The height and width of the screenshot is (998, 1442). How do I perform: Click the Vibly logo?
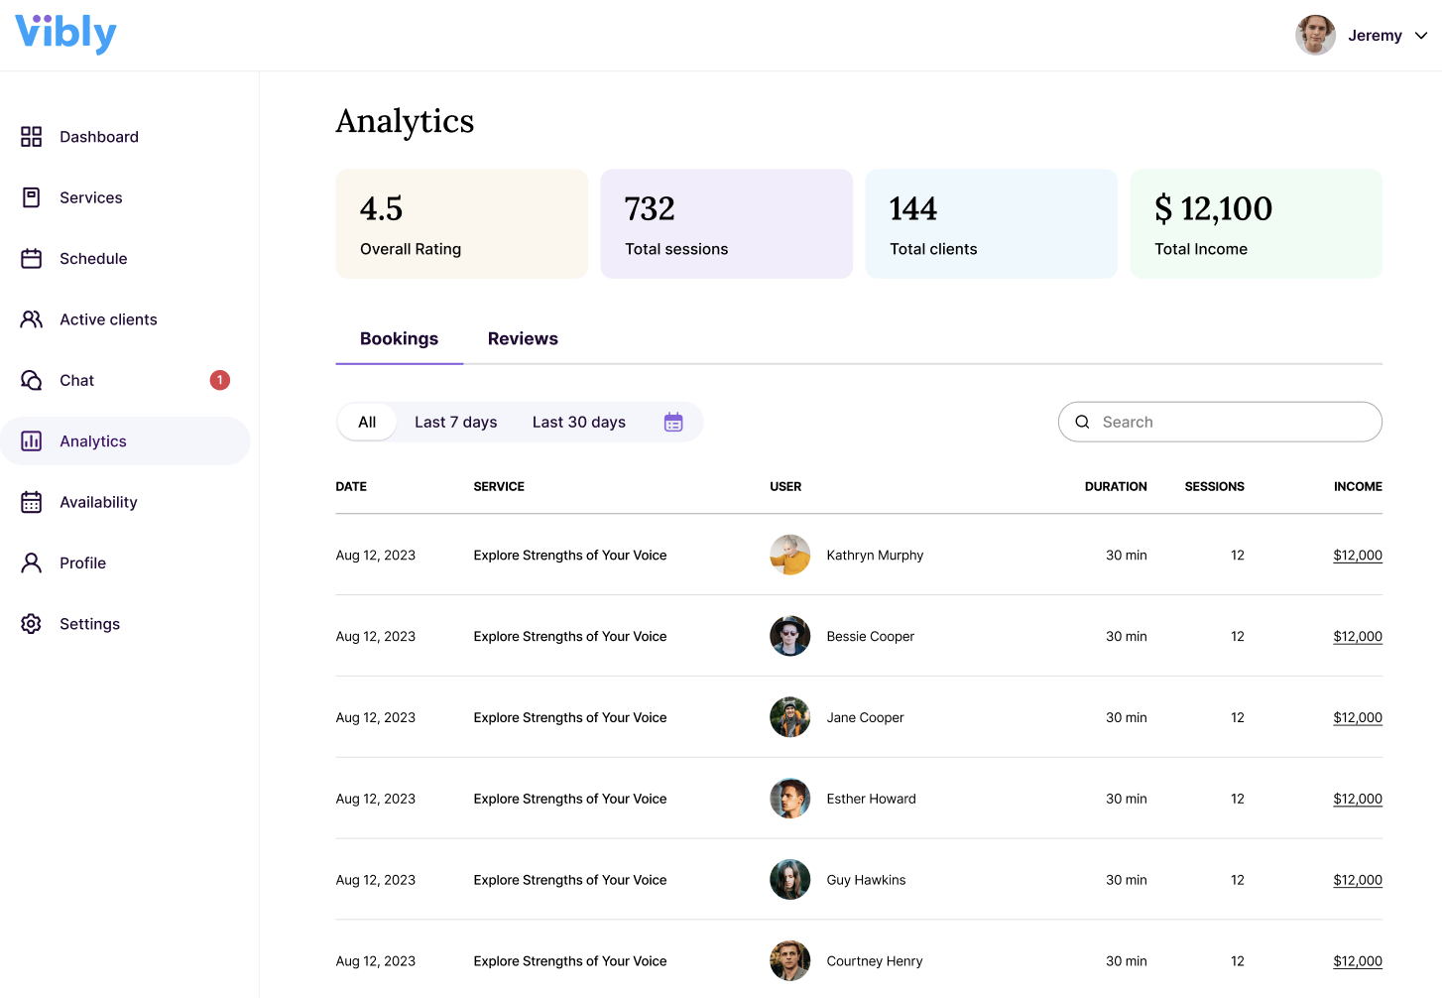point(65,34)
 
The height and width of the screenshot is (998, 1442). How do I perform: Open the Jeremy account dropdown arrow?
point(1421,36)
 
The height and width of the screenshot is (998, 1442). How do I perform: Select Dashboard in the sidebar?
point(98,137)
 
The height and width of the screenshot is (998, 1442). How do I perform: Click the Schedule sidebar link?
point(92,259)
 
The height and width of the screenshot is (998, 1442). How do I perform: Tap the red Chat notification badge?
point(220,380)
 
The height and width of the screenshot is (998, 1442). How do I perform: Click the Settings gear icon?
point(32,624)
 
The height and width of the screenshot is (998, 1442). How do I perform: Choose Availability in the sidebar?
point(97,502)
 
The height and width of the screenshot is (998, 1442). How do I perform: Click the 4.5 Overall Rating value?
point(381,209)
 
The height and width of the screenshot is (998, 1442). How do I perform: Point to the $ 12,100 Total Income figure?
point(1213,209)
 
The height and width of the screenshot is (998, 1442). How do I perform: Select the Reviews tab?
point(523,339)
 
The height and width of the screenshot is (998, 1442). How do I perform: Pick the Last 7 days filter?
point(455,423)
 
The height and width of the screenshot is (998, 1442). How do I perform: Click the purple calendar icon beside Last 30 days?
point(673,423)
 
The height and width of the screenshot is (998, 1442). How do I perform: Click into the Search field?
point(1230,423)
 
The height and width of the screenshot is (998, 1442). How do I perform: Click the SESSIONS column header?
point(1214,487)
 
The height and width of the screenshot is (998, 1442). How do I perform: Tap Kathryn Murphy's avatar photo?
point(789,556)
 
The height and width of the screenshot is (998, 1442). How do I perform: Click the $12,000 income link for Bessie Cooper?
point(1357,637)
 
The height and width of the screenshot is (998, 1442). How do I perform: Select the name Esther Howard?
point(871,800)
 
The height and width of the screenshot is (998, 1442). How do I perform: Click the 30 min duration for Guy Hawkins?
point(1126,881)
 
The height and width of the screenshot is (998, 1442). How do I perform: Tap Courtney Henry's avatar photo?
point(789,961)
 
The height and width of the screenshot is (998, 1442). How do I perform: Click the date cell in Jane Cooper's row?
point(375,718)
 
